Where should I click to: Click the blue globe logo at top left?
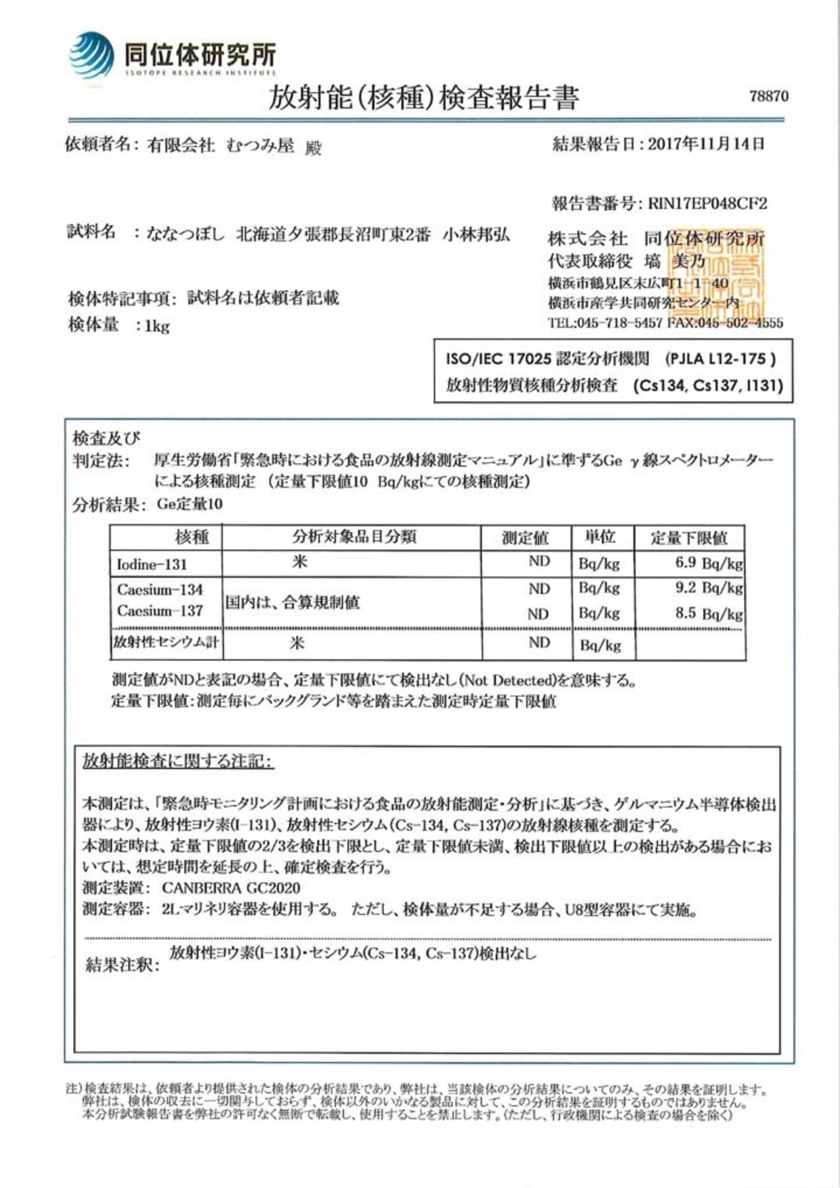92,56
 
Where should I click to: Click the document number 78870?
768,96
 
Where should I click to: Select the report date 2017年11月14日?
706,144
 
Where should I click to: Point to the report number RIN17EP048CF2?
707,203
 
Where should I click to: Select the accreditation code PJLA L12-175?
720,359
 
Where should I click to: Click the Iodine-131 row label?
152,564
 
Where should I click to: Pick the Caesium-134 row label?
159,589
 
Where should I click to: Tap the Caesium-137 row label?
159,611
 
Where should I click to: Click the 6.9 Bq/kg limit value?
709,562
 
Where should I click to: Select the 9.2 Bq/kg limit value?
709,587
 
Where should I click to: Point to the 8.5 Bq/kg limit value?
709,613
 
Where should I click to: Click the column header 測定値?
525,538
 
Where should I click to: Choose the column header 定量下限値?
689,538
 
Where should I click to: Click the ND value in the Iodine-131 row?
539,561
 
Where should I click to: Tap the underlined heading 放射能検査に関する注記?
177,761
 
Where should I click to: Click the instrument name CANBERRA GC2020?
231,888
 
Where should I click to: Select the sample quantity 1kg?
157,326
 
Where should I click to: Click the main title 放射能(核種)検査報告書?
423,98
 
